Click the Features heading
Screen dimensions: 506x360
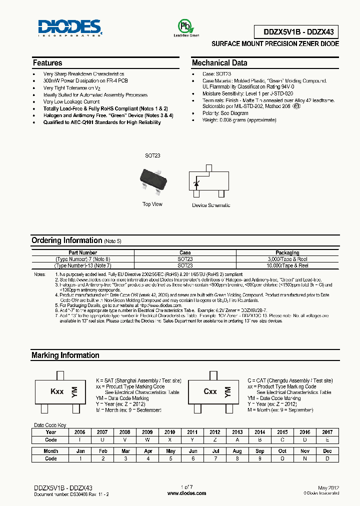(x=47, y=63)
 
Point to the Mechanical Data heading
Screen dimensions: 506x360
(x=219, y=63)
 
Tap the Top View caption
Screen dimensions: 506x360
(x=152, y=204)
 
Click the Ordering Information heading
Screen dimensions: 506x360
(x=66, y=240)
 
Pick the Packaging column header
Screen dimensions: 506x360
(x=287, y=253)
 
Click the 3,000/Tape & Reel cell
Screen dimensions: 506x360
(x=287, y=259)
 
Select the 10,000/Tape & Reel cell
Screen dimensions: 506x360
(x=287, y=265)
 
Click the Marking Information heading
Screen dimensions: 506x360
(x=65, y=355)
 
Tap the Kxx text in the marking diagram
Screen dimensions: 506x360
(x=57, y=391)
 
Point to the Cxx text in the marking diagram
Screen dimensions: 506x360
(x=210, y=391)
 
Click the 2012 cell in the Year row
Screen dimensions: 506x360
(x=214, y=432)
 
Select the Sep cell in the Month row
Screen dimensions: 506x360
(x=260, y=451)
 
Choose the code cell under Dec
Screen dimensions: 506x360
(x=327, y=458)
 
